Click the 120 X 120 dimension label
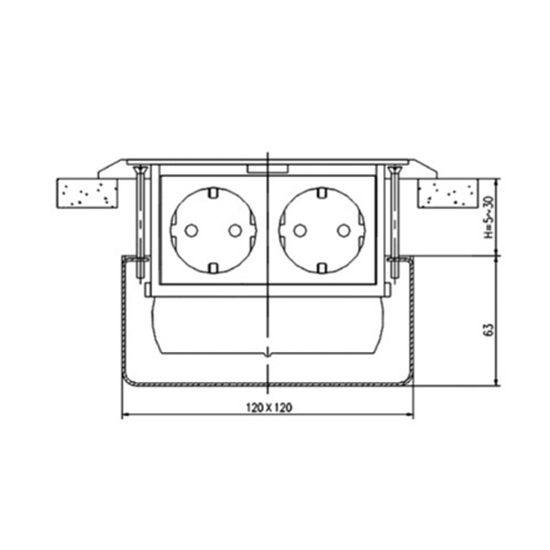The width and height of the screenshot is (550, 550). click(269, 408)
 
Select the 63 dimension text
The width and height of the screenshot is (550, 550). click(489, 330)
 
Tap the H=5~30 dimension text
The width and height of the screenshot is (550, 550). click(489, 217)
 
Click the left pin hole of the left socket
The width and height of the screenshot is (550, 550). click(192, 230)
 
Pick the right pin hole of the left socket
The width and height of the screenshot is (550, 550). click(235, 230)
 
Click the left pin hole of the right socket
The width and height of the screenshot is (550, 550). click(300, 230)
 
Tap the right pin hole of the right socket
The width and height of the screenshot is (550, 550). click(344, 230)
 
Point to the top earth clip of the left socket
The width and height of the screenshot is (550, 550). click(214, 192)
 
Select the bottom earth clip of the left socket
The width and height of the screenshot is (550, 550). click(214, 269)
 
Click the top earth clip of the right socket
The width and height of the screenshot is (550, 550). click(322, 192)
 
